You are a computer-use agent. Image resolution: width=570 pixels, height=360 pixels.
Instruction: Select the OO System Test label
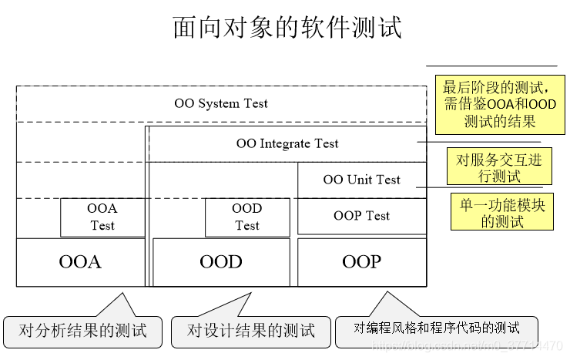click(221, 103)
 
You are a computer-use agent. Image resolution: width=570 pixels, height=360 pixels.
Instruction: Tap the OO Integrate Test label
click(287, 143)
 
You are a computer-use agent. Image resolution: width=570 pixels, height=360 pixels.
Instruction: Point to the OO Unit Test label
click(361, 180)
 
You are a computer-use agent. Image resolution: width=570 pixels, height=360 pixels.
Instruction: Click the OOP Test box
click(361, 216)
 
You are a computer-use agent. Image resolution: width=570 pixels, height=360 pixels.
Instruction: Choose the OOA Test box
click(102, 217)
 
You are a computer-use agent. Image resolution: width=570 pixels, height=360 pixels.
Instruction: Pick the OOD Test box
click(247, 217)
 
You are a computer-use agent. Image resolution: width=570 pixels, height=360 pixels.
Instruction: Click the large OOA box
click(80, 262)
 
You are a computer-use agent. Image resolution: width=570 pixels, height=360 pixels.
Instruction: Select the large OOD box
click(221, 262)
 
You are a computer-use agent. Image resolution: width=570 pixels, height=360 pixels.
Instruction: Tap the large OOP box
click(361, 262)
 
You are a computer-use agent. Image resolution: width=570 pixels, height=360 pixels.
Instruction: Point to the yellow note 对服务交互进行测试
click(499, 167)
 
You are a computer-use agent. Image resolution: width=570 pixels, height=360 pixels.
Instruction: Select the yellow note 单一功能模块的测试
click(501, 212)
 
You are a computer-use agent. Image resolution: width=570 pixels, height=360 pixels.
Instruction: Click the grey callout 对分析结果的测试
click(83, 331)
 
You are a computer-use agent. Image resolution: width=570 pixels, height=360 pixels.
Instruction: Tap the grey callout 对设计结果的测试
click(251, 331)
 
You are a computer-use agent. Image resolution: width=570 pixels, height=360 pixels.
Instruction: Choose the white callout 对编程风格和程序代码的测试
click(437, 329)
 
